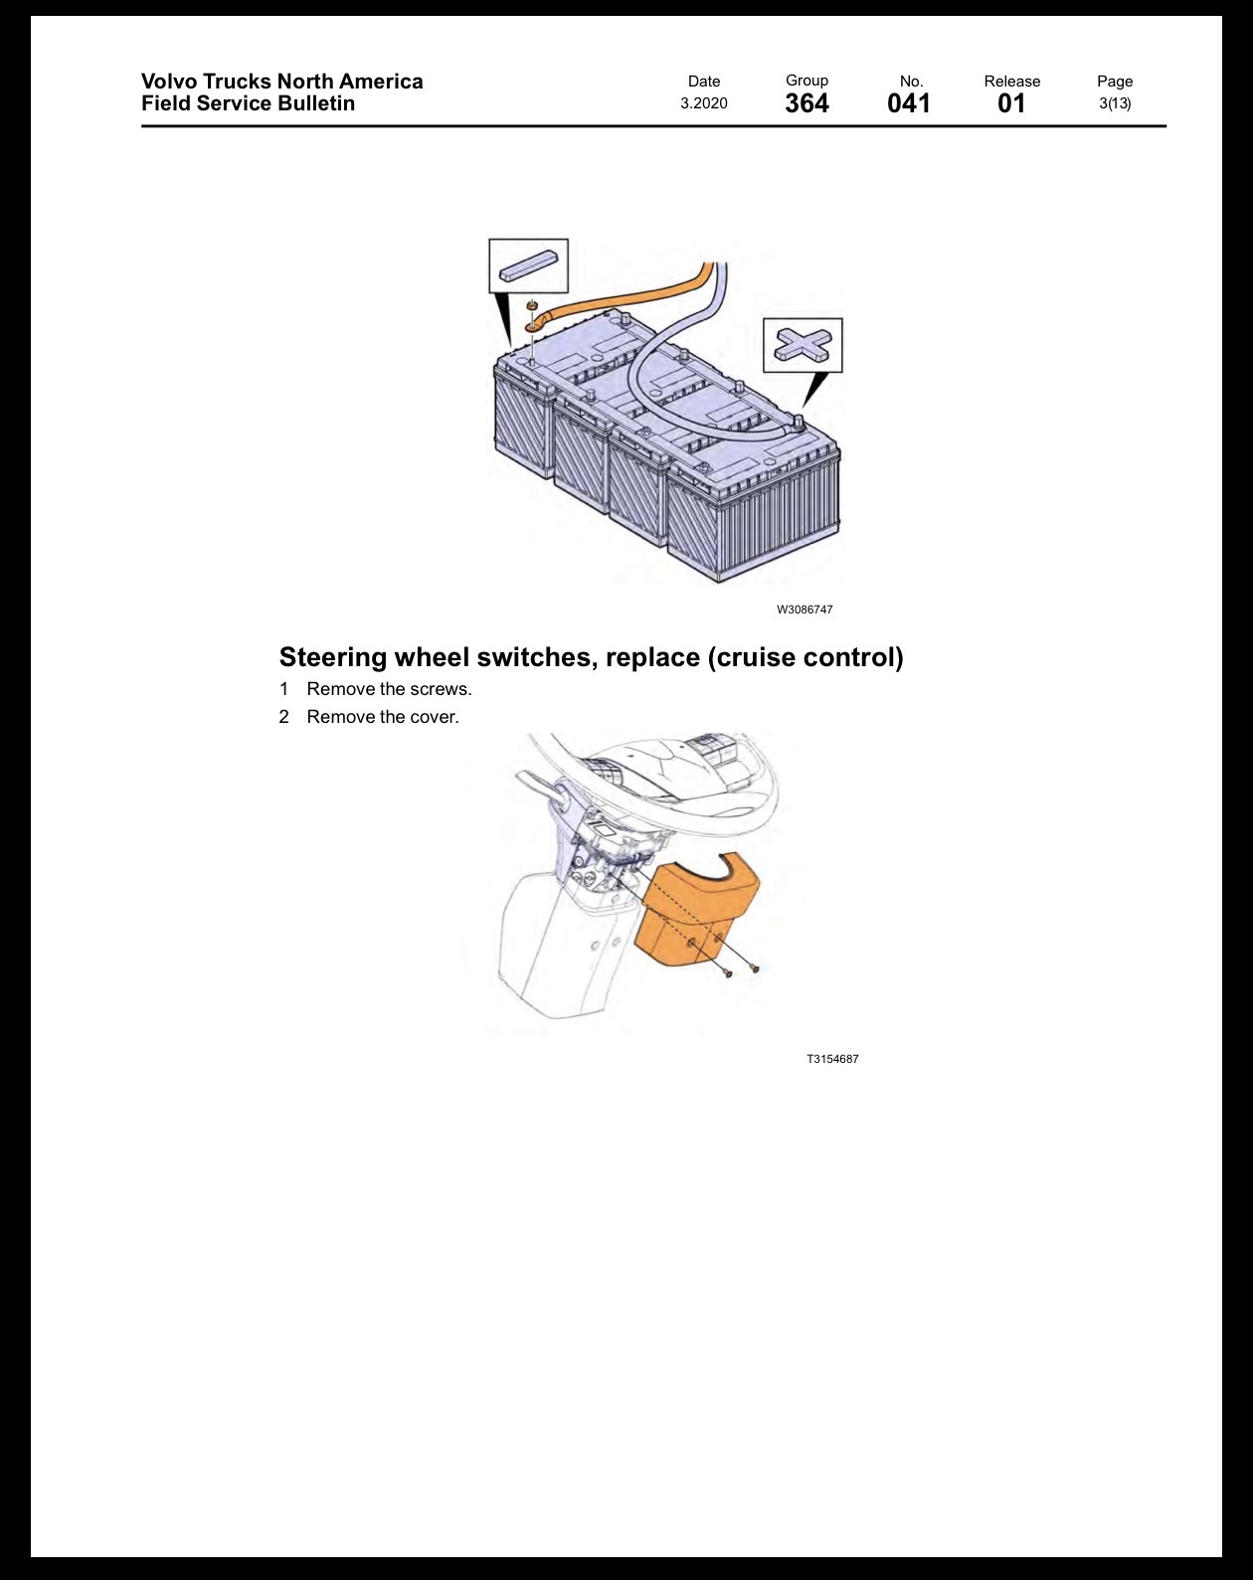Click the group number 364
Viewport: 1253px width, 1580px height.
pyautogui.click(x=806, y=103)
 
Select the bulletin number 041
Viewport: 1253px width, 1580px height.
pyautogui.click(x=909, y=103)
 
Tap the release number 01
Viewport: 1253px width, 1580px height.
pyautogui.click(x=1011, y=103)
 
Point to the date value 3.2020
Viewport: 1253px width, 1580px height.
pyautogui.click(x=704, y=103)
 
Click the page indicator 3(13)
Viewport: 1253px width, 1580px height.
pyautogui.click(x=1115, y=103)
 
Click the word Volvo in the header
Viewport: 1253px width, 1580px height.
pyautogui.click(x=169, y=81)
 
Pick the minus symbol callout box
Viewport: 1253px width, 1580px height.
pyautogui.click(x=528, y=265)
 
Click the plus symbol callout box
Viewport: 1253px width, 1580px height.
pyautogui.click(x=803, y=345)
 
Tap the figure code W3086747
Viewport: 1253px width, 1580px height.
pyautogui.click(x=805, y=610)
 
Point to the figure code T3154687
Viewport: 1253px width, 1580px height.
pyautogui.click(x=833, y=1059)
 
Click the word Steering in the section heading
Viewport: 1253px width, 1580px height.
pyautogui.click(x=333, y=657)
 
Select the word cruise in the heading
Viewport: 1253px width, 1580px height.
pyautogui.click(x=751, y=657)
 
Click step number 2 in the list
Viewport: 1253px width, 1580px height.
pyautogui.click(x=283, y=717)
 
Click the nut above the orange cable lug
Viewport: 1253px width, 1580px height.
pyautogui.click(x=532, y=304)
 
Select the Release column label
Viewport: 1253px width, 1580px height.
pyautogui.click(x=1012, y=81)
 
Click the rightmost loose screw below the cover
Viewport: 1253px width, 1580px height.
pyautogui.click(x=755, y=969)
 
